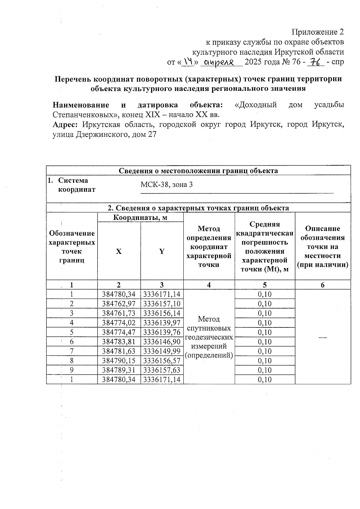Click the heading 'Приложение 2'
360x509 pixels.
click(317, 32)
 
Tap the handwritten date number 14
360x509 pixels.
click(189, 62)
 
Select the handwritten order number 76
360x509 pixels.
click(316, 62)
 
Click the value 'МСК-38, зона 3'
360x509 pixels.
click(166, 185)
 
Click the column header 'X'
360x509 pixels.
click(119, 251)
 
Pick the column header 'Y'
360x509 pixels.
click(162, 251)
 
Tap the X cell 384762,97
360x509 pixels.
click(119, 304)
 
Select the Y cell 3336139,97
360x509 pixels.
click(162, 323)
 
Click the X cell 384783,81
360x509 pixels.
click(119, 342)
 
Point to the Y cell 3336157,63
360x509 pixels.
click(162, 370)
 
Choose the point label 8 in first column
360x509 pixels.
click(72, 361)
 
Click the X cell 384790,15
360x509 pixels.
click(119, 361)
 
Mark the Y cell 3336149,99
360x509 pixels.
click(162, 351)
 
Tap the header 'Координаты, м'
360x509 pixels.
click(140, 218)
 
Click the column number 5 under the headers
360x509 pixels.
click(265, 285)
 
